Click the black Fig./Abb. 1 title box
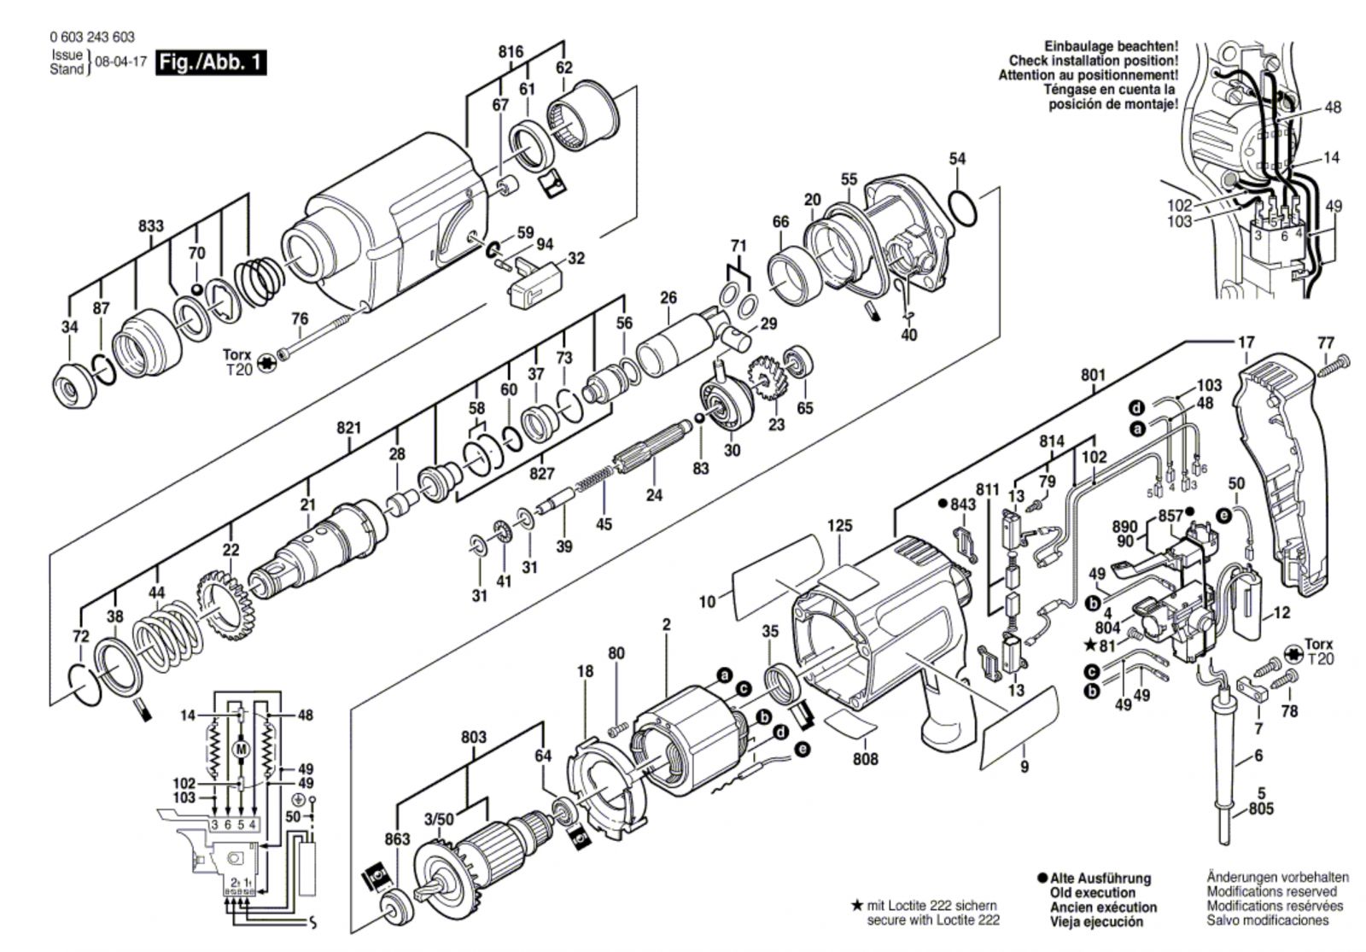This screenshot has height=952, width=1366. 211,63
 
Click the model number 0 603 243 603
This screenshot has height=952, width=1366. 92,38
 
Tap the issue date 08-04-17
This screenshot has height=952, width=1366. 122,61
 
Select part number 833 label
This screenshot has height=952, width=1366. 150,225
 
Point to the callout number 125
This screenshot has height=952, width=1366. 840,525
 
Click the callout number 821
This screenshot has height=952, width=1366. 349,428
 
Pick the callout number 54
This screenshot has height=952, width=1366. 957,159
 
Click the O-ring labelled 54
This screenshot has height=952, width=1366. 964,208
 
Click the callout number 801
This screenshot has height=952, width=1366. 1093,375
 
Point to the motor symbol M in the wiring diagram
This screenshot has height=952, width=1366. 240,749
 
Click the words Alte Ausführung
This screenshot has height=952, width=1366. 1100,879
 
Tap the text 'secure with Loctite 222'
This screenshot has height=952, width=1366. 933,920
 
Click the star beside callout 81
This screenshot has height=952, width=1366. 1089,645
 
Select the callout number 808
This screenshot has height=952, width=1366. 866,759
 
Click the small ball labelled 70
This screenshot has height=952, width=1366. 196,289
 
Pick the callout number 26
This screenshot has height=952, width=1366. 668,298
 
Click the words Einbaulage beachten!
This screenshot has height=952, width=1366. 1111,46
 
